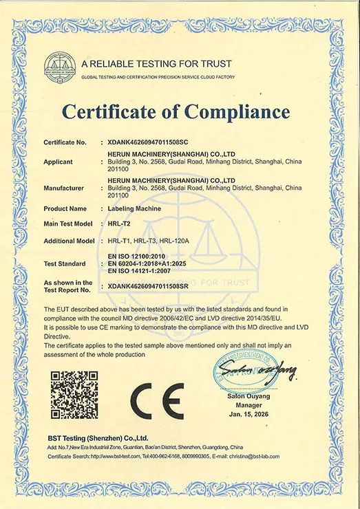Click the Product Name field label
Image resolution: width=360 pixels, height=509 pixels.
coord(65,208)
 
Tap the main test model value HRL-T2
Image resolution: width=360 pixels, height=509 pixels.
coord(118,224)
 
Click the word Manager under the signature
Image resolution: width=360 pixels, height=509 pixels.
coord(250,405)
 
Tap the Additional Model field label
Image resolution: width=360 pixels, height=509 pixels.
coord(69,241)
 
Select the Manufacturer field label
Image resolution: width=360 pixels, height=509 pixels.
coord(64,188)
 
